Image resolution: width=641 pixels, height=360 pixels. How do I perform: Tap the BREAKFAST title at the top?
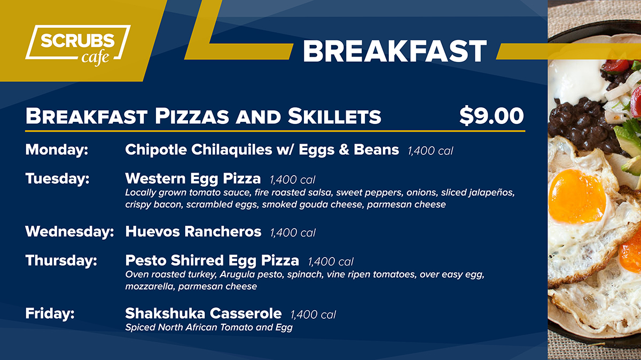coord(395,51)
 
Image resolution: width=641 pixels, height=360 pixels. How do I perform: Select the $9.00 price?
coord(491,115)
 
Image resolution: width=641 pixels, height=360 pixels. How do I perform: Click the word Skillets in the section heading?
coord(334,116)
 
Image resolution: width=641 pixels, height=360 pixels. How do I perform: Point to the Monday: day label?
coord(57,150)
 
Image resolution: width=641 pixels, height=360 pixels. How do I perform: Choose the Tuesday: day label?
coord(57,178)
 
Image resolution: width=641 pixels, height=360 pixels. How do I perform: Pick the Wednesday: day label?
coord(69,231)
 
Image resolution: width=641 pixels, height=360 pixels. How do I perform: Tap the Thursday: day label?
coord(61,261)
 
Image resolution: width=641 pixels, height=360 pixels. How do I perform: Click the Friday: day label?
coord(50,313)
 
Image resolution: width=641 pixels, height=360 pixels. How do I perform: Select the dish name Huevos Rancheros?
coord(193,231)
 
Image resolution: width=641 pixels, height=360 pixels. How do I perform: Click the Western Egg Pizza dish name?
coord(193,178)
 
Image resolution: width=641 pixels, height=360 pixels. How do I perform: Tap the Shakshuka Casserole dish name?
coord(203,314)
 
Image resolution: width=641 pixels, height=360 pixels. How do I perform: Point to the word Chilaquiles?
coord(232,150)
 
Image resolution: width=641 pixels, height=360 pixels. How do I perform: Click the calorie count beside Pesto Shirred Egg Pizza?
coord(331,262)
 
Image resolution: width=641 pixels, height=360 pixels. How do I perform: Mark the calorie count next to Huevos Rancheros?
coord(293,233)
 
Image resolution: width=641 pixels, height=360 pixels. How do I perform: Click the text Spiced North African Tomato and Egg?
coord(209,327)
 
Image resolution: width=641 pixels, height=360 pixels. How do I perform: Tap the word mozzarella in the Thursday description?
coord(150,286)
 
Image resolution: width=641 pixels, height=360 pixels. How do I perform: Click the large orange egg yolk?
coord(577,197)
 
